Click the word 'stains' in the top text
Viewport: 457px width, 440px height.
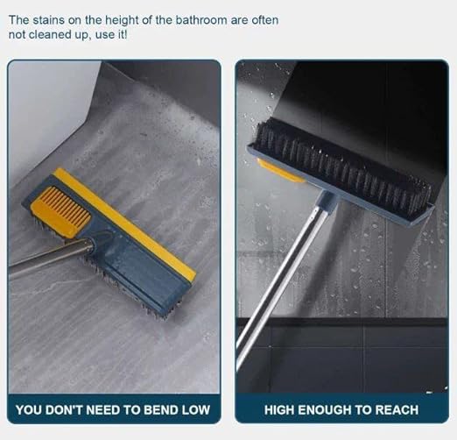[x=48, y=20]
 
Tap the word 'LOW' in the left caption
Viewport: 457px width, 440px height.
[x=196, y=409]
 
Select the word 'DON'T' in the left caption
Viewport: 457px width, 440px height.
[x=64, y=409]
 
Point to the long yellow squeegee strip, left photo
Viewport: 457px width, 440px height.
[x=125, y=224]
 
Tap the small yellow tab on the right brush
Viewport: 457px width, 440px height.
[x=281, y=170]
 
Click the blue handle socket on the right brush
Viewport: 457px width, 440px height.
[x=327, y=201]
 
